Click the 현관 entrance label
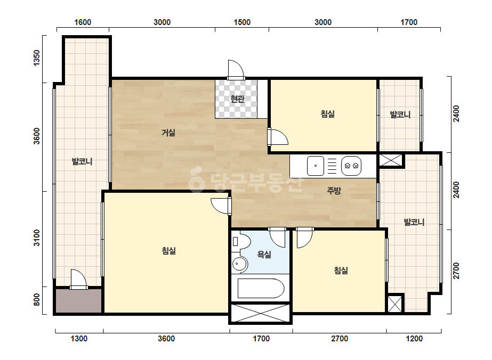pos(237,99)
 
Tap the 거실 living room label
pos(168,133)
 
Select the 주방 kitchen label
pos(334,190)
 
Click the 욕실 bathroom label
pos(264,255)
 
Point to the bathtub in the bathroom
pos(261,288)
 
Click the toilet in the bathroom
pos(241,241)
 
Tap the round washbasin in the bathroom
pos(240,264)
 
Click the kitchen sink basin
pos(316,166)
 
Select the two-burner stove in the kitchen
pos(351,166)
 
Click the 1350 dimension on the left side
pos(37,58)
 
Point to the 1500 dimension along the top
pos(242,22)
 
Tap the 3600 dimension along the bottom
pos(166,339)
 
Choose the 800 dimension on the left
pos(37,300)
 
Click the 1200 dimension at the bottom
pos(414,339)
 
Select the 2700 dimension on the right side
pos(456,271)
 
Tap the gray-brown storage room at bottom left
pos(79,301)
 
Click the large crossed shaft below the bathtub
pos(261,313)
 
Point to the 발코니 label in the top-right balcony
pos(400,114)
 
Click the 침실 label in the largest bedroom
pos(169,250)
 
